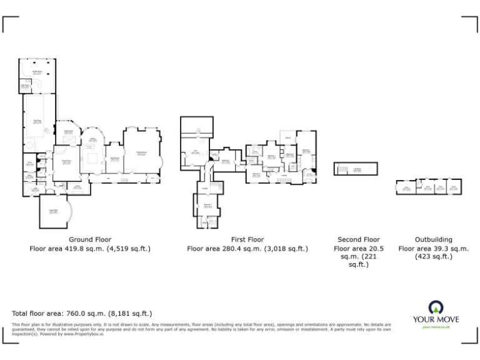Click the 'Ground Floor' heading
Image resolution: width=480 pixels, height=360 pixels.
click(89, 239)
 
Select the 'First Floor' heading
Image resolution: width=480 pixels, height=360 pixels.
click(247, 239)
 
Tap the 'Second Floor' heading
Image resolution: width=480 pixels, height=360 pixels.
click(358, 239)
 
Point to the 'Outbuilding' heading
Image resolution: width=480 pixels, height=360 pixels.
click(433, 239)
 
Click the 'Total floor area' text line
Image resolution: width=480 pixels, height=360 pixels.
click(82, 313)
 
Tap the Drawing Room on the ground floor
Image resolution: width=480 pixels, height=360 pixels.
click(142, 153)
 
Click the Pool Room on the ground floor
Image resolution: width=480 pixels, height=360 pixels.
click(37, 119)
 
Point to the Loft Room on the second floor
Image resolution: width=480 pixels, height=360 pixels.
click(356, 169)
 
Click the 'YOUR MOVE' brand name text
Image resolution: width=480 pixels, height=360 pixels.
click(436, 319)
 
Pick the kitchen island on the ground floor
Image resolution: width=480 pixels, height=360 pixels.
click(94, 157)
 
